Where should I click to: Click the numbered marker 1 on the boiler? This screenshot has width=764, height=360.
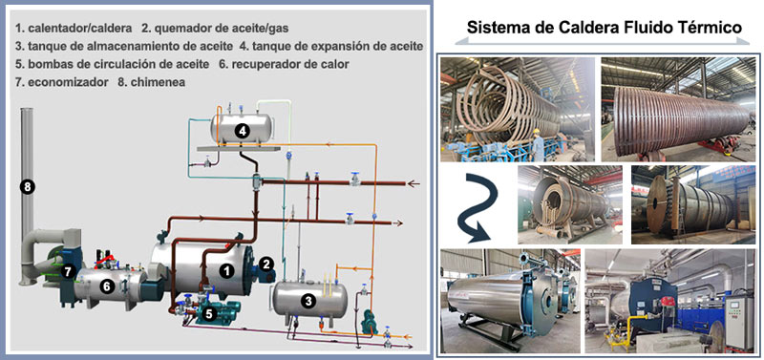click(226, 271)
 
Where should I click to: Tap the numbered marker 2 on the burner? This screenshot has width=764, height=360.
click(267, 263)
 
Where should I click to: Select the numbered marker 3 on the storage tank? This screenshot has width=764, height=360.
click(308, 300)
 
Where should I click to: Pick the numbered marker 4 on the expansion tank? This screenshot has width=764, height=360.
click(243, 131)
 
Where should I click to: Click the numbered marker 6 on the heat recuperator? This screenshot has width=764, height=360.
click(108, 286)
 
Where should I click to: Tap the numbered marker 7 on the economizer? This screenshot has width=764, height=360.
click(68, 271)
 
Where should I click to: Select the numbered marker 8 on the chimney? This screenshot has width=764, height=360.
click(28, 187)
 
